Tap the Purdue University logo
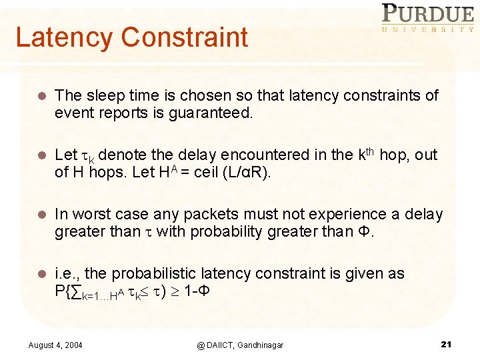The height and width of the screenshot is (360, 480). (x=427, y=18)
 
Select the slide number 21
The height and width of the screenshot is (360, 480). (x=447, y=344)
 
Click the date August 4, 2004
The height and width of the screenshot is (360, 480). (x=56, y=345)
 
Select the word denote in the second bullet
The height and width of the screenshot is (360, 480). (x=125, y=155)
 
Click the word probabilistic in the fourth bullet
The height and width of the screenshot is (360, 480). (x=157, y=274)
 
